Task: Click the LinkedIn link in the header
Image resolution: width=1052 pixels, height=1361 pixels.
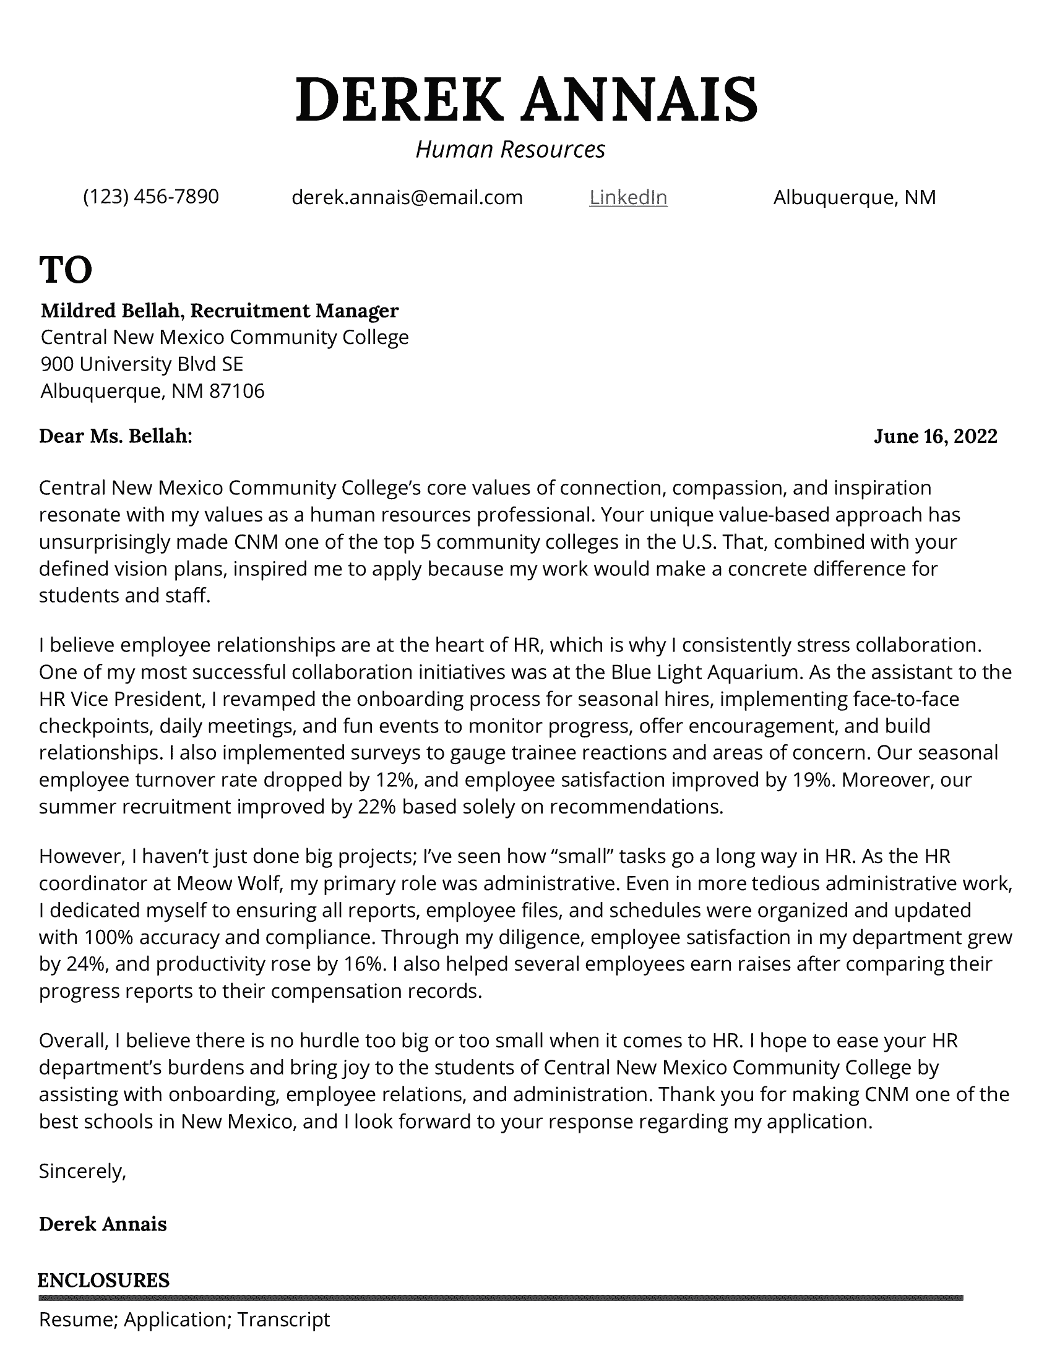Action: point(627,197)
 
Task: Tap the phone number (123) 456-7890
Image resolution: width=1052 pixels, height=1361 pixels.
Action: point(151,197)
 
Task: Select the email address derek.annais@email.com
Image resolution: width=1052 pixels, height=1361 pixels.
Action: point(407,197)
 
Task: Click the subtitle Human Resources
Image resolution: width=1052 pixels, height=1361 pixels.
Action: point(510,150)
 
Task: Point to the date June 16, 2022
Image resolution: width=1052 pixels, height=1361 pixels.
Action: point(935,436)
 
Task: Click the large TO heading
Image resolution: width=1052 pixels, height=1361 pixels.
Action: point(66,270)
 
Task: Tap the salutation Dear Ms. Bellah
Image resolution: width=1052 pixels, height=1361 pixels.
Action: point(115,436)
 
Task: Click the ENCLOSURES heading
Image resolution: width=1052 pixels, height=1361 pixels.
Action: point(103,1281)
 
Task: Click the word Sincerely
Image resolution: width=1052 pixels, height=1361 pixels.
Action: point(82,1172)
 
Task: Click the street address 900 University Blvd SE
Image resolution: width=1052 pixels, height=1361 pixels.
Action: point(142,364)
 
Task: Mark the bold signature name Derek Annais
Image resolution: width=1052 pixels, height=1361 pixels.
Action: point(103,1224)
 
